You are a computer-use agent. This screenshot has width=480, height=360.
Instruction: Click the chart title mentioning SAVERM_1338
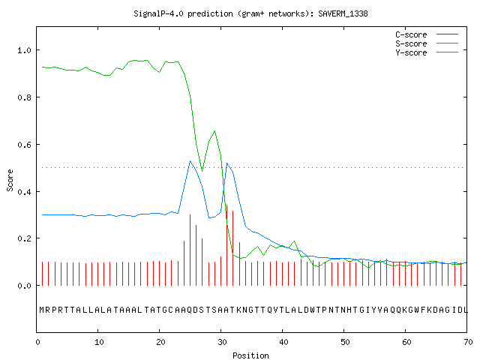pos(250,13)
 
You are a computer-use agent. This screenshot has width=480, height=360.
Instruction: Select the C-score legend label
pos(411,34)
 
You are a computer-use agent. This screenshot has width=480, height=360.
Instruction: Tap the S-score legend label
pos(411,43)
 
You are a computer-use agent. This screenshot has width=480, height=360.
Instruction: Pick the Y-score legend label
pos(411,52)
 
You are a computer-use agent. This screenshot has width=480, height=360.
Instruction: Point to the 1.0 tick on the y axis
pos(24,50)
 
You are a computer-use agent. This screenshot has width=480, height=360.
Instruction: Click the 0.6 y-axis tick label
pos(24,145)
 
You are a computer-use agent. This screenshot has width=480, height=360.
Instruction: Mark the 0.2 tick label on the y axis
pos(24,238)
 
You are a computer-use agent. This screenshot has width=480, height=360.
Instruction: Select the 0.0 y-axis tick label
pos(24,286)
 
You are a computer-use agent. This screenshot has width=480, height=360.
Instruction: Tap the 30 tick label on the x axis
pos(222,342)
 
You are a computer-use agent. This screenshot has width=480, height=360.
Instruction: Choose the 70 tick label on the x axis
pos(468,342)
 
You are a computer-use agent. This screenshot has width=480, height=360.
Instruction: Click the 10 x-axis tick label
pos(99,342)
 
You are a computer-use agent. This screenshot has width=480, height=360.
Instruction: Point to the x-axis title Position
pos(250,355)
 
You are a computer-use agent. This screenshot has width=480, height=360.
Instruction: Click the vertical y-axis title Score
pos(10,180)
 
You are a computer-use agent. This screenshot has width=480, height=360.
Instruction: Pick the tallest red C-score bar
pos(226,245)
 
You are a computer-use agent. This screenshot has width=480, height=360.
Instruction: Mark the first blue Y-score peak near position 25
pos(190,161)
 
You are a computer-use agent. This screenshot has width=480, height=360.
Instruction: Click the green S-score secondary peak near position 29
pos(215,131)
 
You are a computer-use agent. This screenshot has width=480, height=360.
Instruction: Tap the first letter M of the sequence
pos(42,310)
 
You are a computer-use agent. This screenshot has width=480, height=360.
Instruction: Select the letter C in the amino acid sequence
pos(172,310)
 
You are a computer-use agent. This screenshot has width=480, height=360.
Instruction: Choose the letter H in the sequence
pos(349,310)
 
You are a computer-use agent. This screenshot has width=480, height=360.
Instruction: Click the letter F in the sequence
pos(424,310)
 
